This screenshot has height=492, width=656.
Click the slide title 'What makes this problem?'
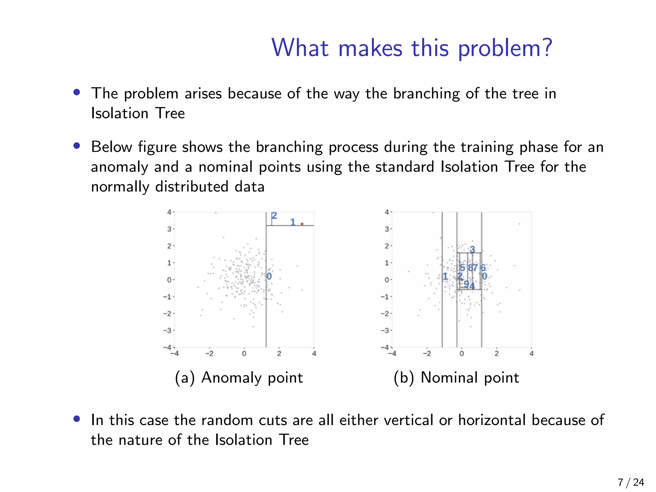point(412,48)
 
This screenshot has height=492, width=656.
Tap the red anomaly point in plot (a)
point(302,224)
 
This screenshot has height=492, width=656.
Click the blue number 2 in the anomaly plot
point(274,216)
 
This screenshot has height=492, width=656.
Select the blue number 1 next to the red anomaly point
point(292,222)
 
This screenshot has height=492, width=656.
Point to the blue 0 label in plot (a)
point(269,276)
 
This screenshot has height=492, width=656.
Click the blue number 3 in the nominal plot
point(472,249)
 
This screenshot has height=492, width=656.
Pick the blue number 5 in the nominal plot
point(462,267)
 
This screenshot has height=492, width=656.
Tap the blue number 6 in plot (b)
point(483,267)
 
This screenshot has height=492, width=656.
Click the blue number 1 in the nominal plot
point(445,276)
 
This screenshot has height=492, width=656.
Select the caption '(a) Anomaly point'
point(239,377)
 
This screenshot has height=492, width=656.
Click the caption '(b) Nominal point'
point(456,377)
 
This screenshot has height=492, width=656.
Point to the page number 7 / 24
point(631,482)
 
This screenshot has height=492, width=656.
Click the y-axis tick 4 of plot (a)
point(169,212)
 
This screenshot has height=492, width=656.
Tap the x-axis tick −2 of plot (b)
point(427,354)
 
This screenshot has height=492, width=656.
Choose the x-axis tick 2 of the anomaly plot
point(279,354)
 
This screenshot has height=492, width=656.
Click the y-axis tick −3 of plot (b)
point(385,330)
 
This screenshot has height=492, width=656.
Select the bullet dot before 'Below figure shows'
point(77,146)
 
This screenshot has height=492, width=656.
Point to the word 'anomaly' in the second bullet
point(119,167)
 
